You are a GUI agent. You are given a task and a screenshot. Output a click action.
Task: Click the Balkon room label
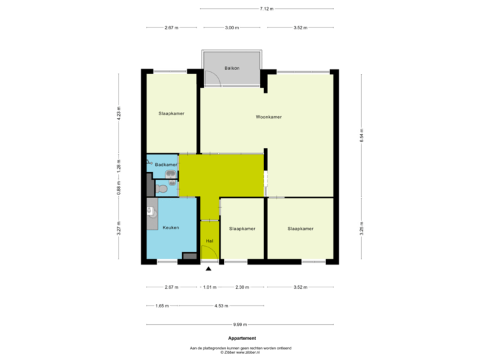tap(232, 69)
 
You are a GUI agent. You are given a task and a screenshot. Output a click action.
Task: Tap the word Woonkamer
tap(269, 117)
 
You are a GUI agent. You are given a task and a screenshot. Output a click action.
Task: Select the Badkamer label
tap(166, 164)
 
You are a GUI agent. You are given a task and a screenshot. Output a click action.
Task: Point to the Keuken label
tap(171, 228)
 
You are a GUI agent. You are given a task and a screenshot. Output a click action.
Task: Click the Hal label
tap(209, 241)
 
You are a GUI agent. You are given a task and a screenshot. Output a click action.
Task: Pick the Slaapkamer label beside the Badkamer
tap(171, 113)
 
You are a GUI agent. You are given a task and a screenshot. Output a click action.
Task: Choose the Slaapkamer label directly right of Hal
tap(242, 228)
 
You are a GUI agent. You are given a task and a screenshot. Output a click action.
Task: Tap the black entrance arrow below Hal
tap(209, 269)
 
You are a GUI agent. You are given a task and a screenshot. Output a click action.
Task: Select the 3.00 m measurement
tap(232, 28)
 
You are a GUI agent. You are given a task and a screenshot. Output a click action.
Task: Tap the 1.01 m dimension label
tap(209, 287)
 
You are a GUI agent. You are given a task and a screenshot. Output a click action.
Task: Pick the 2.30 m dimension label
tap(242, 287)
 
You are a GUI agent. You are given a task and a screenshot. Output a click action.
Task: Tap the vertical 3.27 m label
tap(119, 229)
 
